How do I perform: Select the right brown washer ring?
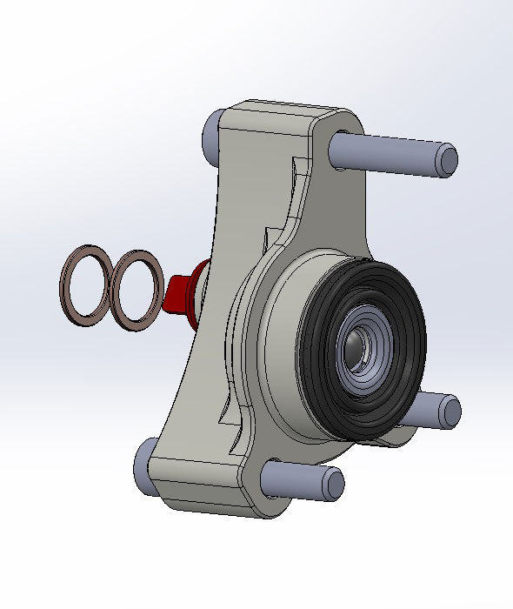click(x=117, y=309)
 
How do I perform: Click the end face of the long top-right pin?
click(x=446, y=162)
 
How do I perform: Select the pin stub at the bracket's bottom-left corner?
click(x=144, y=471)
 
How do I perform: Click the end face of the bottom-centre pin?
click(x=332, y=481)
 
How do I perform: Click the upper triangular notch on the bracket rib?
click(x=299, y=174)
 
